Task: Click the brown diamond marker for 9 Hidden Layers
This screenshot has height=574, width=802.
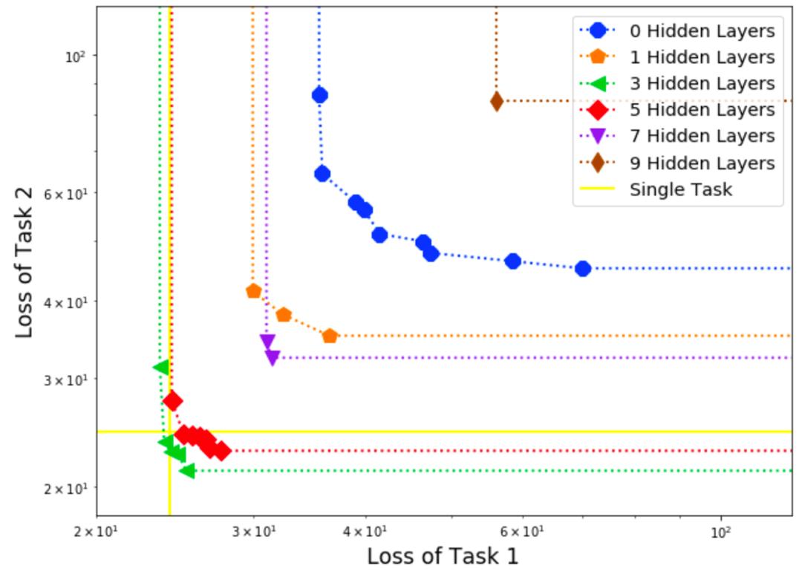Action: pos(497,102)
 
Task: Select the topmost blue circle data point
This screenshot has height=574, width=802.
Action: pos(320,95)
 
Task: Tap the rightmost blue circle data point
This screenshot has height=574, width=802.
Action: pos(583,268)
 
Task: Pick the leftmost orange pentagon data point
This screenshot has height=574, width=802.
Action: pos(253,291)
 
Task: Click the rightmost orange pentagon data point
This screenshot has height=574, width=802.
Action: pos(330,336)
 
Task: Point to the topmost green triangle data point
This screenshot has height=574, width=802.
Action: pos(160,367)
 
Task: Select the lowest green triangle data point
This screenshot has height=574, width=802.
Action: pos(187,471)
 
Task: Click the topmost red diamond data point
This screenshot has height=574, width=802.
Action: pos(172,401)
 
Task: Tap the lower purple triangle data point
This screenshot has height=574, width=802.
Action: pos(273,358)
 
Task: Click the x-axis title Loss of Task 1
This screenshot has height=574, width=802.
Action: pos(443,556)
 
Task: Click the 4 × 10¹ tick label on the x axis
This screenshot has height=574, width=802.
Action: pos(365,532)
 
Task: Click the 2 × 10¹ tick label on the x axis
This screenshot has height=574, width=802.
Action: pos(97,532)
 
